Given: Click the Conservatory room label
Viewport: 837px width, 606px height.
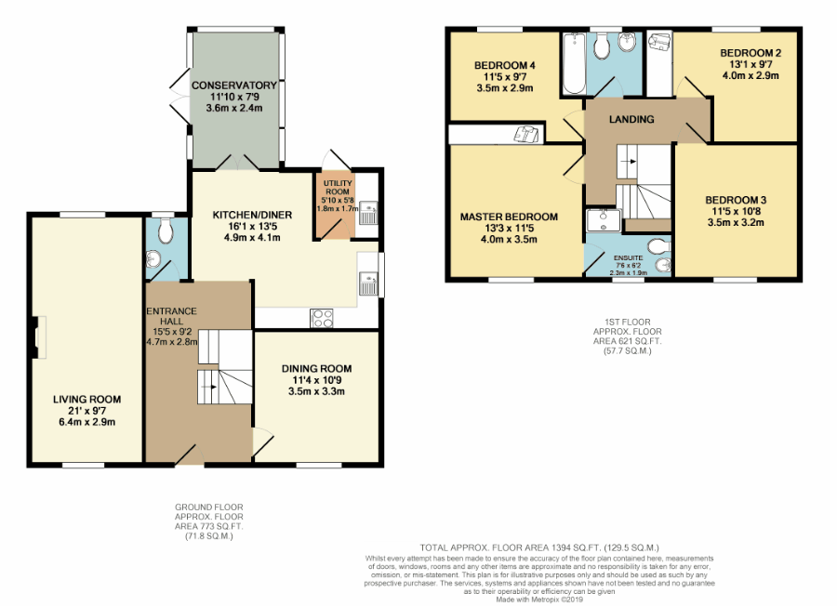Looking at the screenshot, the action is (234, 86).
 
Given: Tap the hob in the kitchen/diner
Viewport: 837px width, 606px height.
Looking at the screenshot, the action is (322, 319).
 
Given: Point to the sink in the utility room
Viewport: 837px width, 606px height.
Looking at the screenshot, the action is (368, 213).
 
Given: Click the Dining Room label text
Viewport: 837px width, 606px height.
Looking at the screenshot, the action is (316, 369).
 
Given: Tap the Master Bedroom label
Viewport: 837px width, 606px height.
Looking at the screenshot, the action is (509, 217).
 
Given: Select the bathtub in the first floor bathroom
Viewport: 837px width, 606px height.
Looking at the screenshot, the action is (574, 63).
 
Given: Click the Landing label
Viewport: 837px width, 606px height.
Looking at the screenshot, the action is (631, 120).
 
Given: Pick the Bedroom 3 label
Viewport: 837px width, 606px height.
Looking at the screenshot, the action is (736, 200).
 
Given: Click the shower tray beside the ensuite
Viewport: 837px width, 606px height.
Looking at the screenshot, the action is (604, 220).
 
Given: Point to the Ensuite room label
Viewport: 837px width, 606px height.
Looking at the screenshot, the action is (629, 258).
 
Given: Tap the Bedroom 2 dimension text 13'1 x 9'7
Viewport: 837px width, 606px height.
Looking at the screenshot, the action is (751, 64).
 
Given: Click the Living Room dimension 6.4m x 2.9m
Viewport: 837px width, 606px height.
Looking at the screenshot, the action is (87, 422).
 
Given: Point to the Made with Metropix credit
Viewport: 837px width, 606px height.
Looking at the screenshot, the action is (539, 599).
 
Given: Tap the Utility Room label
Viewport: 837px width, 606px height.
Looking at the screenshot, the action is (338, 187).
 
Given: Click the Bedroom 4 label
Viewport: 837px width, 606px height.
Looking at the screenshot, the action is (505, 66).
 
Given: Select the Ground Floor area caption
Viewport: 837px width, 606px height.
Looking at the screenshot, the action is (208, 521).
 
